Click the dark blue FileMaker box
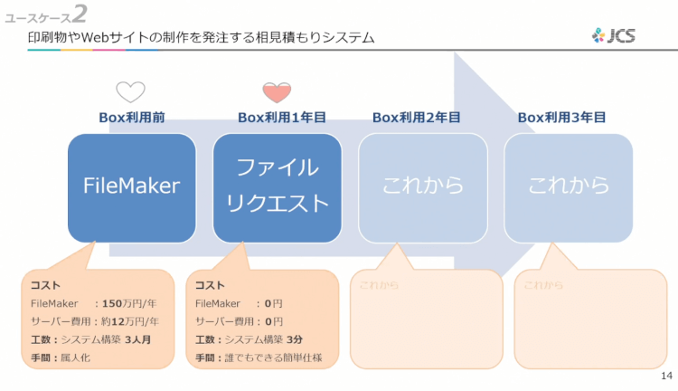click(131, 187)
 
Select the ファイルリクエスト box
click(277, 187)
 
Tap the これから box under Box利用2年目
click(423, 187)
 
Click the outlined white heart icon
click(130, 91)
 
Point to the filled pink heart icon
click(277, 91)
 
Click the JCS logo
click(614, 36)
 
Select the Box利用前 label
click(131, 118)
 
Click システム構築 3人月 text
click(109, 339)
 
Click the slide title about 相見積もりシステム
click(201, 38)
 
